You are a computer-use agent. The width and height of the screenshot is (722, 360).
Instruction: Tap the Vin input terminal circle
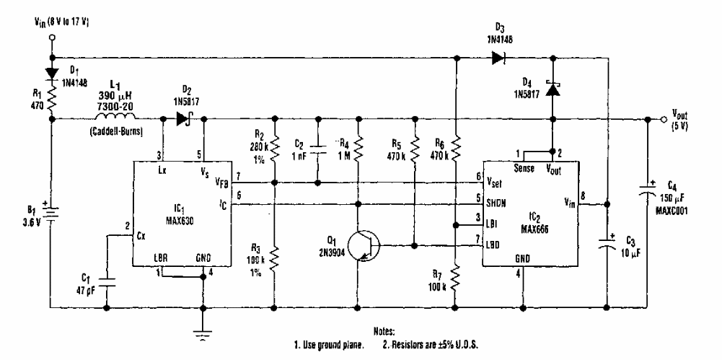[52, 38]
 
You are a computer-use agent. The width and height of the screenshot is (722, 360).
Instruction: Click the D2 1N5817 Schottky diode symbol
[182, 118]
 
